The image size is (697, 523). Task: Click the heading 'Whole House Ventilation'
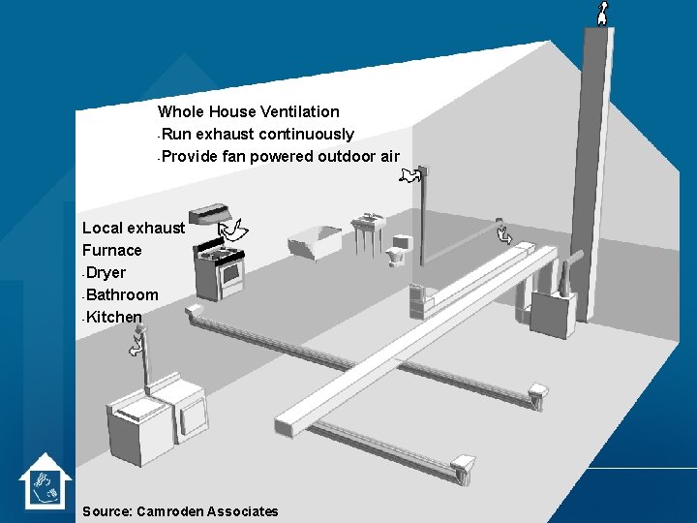249,112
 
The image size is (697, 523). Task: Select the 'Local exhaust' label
134,229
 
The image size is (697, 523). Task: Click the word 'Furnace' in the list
112,251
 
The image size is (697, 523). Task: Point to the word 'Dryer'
106,273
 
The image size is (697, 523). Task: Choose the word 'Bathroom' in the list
122,295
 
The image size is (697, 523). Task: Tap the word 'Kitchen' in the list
114,318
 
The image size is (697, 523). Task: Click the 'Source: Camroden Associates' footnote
181,511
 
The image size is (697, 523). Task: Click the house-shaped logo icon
45,481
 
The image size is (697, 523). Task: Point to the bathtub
316,240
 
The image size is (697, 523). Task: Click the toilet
399,251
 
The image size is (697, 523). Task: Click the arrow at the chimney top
602,13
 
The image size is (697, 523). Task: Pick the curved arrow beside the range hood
234,230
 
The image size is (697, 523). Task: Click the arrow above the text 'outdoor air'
411,174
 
